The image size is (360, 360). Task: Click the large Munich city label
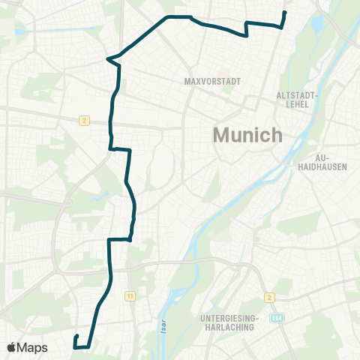point(248,135)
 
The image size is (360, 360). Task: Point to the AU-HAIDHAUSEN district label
point(331,162)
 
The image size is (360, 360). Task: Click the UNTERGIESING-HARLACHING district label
point(229,322)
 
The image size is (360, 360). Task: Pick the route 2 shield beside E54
point(270,297)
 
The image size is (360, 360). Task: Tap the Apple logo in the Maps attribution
point(12,347)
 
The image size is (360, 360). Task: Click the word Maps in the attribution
point(33,347)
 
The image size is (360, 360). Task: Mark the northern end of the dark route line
point(285,13)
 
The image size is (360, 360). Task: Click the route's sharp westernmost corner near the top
point(108,58)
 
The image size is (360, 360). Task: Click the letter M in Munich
point(222,135)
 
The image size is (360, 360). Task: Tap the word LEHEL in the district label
point(298,106)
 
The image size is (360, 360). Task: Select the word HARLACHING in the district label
point(229,327)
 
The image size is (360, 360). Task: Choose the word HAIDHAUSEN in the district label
point(331,166)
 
